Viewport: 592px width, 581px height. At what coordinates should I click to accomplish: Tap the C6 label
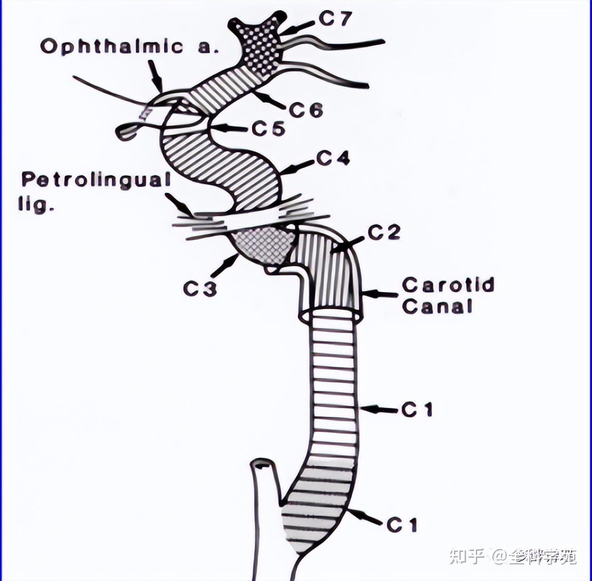[306, 110]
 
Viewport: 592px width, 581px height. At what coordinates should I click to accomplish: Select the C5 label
[268, 129]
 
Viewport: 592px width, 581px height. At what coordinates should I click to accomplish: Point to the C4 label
[333, 158]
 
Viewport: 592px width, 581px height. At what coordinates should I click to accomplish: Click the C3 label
[200, 288]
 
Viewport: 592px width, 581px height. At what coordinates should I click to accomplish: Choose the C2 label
[384, 233]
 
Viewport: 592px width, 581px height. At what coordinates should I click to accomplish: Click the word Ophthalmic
[112, 46]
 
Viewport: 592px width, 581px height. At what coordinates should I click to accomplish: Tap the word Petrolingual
[96, 180]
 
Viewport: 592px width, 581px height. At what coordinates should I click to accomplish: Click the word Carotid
[448, 285]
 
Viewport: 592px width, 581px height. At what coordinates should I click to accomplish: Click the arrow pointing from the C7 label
[298, 28]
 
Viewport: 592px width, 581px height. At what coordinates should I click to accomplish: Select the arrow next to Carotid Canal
[381, 294]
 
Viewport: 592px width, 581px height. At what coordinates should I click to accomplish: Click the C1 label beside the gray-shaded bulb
[402, 525]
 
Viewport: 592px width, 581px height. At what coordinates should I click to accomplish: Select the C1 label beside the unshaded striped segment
[417, 410]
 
